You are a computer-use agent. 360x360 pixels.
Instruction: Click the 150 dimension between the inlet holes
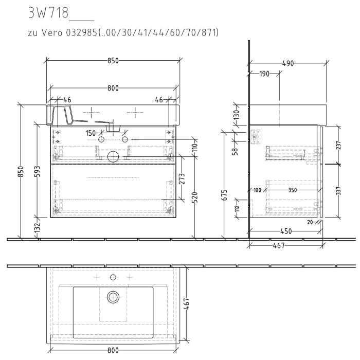pyautogui.click(x=91, y=133)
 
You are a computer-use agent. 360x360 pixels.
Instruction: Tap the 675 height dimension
pyautogui.click(x=224, y=196)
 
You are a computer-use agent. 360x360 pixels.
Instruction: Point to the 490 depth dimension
pyautogui.click(x=288, y=63)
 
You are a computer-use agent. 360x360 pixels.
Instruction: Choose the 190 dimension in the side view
pyautogui.click(x=264, y=74)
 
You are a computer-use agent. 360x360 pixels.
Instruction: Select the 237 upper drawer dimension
pyautogui.click(x=338, y=146)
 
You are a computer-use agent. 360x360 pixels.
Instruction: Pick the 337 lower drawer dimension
pyautogui.click(x=338, y=192)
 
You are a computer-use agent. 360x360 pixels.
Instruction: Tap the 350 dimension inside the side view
pyautogui.click(x=293, y=190)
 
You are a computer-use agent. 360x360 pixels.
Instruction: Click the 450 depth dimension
pyautogui.click(x=286, y=231)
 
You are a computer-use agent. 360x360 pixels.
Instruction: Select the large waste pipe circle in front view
pyautogui.click(x=113, y=156)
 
